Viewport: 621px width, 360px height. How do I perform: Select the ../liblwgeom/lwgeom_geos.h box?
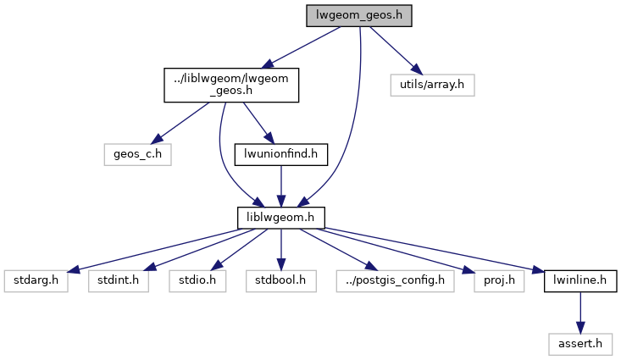pyautogui.click(x=230, y=85)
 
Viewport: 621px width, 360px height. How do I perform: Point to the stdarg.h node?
pyautogui.click(x=36, y=280)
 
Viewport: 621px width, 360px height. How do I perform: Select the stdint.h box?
pyautogui.click(x=118, y=280)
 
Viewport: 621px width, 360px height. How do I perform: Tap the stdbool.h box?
pyautogui.click(x=280, y=280)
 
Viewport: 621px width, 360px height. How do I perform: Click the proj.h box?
pyautogui.click(x=482, y=280)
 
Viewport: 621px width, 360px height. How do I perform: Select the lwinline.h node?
pyautogui.click(x=580, y=280)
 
